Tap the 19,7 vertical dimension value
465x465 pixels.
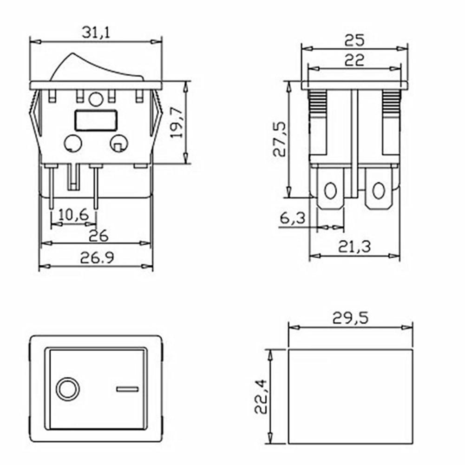pos(177,122)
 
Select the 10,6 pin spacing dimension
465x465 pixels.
pos(73,215)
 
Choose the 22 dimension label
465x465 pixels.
pos(354,60)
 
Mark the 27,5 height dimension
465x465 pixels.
pos(279,139)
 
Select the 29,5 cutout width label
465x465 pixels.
pos(350,318)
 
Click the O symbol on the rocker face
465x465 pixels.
pos(67,388)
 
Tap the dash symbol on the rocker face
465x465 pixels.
pos(127,389)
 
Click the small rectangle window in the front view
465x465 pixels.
pos(95,120)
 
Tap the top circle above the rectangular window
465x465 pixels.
pos(96,99)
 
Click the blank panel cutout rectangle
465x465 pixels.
pos(350,396)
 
